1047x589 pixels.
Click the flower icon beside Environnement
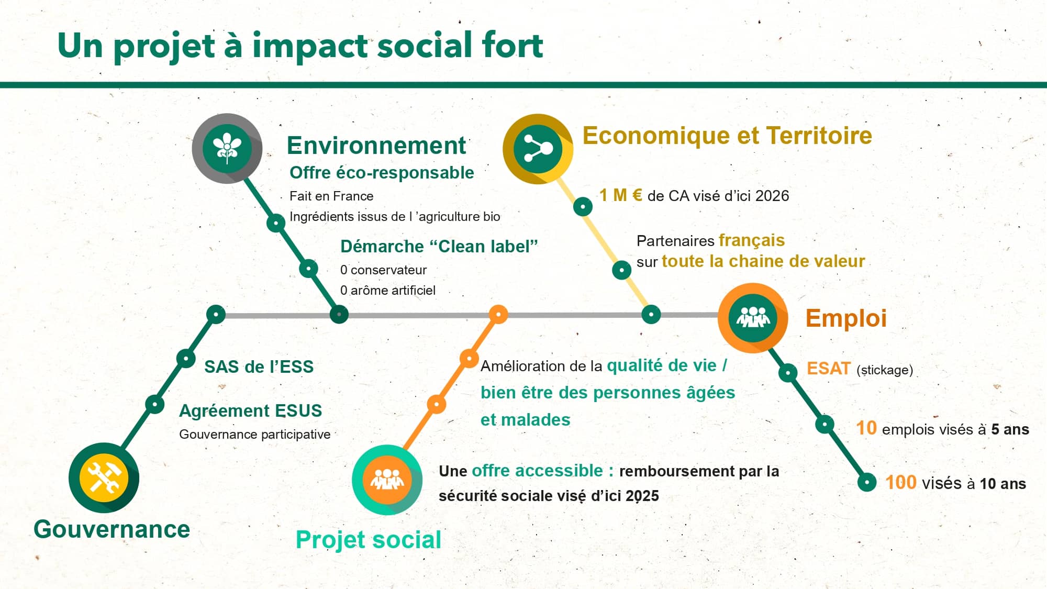(227, 148)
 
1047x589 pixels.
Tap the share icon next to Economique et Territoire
(538, 149)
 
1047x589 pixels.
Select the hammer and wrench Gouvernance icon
(104, 477)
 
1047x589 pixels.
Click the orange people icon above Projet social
(387, 480)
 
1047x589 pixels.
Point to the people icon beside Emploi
(753, 318)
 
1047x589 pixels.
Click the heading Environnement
(376, 145)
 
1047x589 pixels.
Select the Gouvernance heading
(112, 529)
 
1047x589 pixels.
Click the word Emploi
(846, 318)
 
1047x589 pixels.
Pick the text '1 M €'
(621, 195)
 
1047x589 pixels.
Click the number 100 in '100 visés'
(900, 482)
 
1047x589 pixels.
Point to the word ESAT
(828, 369)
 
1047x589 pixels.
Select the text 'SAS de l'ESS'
(259, 366)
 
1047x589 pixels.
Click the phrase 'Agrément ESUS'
(250, 411)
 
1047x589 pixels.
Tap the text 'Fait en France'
(331, 196)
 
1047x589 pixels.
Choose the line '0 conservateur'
(383, 270)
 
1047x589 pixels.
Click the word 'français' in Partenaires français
(752, 241)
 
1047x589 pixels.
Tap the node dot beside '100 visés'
(867, 482)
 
